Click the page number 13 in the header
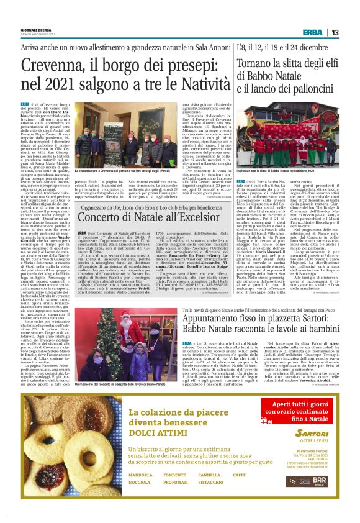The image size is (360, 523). point(334,32)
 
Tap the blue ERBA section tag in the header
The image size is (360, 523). point(313,32)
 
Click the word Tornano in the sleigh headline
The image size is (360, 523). point(258,63)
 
